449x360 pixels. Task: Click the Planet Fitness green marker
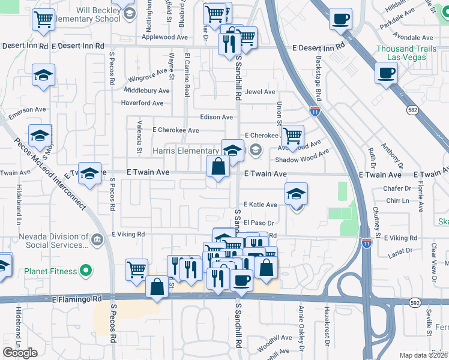(x=85, y=271)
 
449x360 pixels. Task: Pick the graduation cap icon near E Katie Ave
(x=296, y=194)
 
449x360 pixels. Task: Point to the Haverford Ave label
(x=142, y=103)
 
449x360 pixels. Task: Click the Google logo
(x=20, y=353)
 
